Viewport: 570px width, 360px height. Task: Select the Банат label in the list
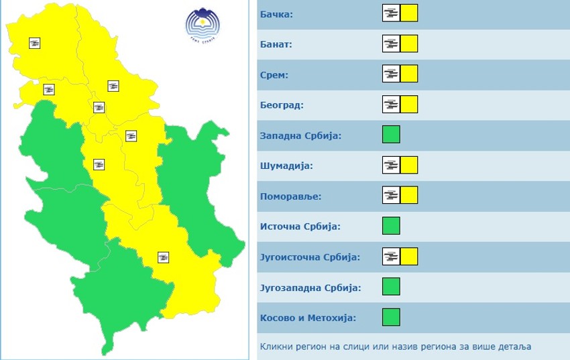pos(276,44)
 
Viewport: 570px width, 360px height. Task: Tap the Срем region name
pos(274,74)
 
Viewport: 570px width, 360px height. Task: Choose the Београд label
pos(282,105)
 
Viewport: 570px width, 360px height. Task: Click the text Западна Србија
pos(300,135)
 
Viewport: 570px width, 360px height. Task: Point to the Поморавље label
pos(290,196)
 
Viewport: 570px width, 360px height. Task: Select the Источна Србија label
pos(300,227)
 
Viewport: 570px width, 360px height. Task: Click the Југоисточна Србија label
pos(310,257)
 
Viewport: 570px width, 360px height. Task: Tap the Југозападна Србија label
pos(310,288)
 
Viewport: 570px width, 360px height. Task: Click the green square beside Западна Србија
pos(391,135)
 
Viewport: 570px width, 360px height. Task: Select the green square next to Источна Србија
pos(391,226)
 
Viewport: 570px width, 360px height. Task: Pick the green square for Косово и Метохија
pos(391,317)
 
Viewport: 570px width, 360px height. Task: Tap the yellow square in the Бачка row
pos(409,13)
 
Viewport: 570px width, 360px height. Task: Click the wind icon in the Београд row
pos(391,105)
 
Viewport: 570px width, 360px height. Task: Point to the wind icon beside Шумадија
pos(391,165)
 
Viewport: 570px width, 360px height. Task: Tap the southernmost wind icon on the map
pos(163,257)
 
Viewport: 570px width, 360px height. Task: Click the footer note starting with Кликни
pos(396,347)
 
